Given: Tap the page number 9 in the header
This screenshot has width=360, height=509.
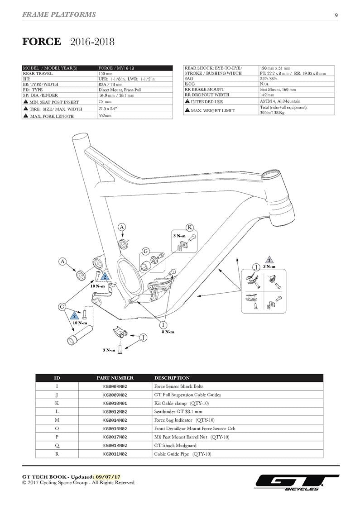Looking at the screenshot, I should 336,15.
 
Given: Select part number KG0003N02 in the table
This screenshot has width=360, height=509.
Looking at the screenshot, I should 115,386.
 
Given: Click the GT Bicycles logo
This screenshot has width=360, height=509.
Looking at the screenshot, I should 297,482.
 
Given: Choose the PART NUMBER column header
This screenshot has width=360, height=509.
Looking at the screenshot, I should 115,378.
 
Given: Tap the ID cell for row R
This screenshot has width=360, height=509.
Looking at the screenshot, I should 57,454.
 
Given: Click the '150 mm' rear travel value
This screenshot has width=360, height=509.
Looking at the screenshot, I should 105,73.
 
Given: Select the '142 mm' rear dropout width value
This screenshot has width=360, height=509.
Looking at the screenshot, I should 267,95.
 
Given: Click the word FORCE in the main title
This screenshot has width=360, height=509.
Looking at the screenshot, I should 42,42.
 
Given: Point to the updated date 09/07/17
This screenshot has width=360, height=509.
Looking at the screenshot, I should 109,477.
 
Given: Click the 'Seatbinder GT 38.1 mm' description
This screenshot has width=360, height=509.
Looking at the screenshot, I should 178,412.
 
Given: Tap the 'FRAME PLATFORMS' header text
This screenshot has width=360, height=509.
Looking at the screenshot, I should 59,14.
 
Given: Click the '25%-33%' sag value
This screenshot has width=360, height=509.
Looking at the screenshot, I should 268,79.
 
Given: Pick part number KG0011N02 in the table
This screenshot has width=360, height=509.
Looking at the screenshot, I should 115,454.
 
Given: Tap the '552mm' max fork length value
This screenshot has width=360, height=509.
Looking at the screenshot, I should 105,116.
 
